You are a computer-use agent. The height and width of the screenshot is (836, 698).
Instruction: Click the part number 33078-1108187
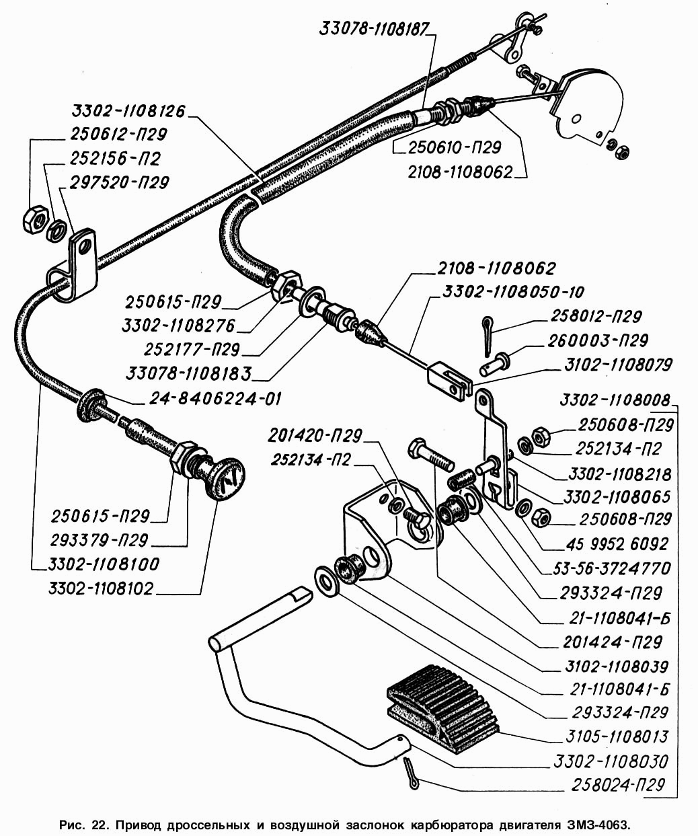tap(377, 29)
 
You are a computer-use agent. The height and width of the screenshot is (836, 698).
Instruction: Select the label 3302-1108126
tap(128, 111)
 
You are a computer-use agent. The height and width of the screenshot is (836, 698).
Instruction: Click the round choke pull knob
tap(226, 478)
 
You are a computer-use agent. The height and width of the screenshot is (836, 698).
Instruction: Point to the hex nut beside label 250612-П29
tap(34, 218)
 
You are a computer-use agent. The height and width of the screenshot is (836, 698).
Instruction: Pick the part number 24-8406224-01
tap(215, 398)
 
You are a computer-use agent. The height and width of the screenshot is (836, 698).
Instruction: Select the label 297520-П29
tap(119, 182)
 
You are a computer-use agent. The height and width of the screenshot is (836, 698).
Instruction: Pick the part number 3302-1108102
tap(101, 588)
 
